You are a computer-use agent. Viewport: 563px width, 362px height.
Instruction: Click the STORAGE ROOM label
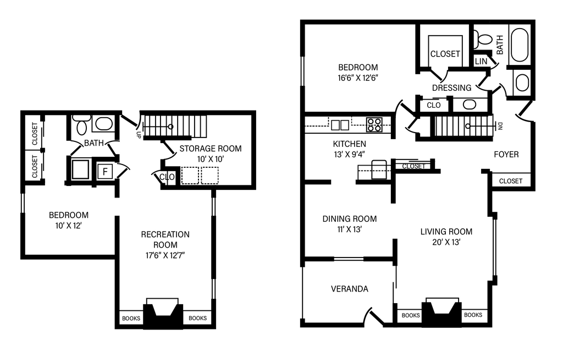[x=211, y=149]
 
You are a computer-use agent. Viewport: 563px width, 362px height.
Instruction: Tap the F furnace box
[x=105, y=171]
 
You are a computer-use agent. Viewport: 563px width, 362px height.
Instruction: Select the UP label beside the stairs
[x=138, y=135]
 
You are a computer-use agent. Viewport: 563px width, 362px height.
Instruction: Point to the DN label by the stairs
[x=500, y=125]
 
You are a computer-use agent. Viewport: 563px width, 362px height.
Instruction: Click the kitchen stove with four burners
[x=374, y=125]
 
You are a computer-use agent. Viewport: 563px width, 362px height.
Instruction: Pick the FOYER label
[x=506, y=155]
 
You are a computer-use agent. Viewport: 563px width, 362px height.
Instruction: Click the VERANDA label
[x=349, y=289]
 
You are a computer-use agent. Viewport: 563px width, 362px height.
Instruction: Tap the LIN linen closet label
[x=481, y=62]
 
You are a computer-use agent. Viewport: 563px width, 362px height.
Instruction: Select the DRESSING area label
[x=451, y=87]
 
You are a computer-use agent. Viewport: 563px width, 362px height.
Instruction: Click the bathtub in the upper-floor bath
[x=519, y=45]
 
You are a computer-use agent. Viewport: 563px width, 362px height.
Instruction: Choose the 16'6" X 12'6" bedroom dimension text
[x=358, y=78]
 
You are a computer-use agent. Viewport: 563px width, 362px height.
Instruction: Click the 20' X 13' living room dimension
[x=446, y=242]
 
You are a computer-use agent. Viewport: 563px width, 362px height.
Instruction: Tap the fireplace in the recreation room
[x=163, y=313]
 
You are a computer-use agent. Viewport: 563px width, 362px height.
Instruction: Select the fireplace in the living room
[x=441, y=312]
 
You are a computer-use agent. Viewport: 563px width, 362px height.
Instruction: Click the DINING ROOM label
[x=349, y=219]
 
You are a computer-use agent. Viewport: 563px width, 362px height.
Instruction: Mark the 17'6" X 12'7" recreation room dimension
[x=165, y=255]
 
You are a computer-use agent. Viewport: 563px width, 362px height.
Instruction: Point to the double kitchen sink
[x=340, y=125]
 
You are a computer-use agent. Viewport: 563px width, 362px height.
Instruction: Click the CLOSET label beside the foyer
[x=511, y=181]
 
